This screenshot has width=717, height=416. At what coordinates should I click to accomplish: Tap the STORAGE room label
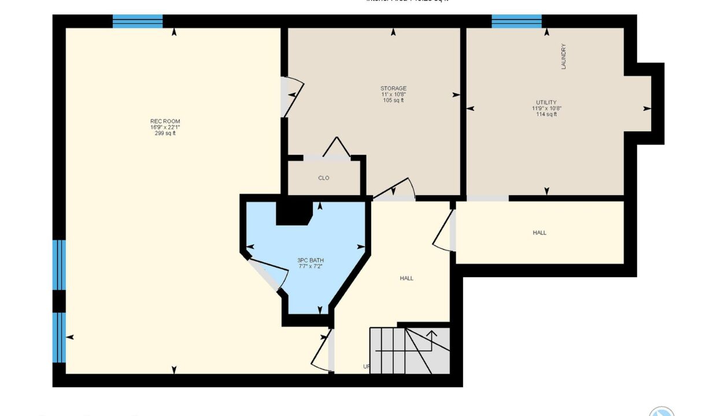click(x=393, y=88)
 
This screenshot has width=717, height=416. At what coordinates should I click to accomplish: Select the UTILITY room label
click(x=546, y=102)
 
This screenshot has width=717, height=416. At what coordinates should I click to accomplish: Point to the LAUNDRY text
click(x=564, y=57)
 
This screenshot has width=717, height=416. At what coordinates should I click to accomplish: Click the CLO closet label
click(x=324, y=178)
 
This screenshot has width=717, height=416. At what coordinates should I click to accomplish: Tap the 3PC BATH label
click(x=311, y=260)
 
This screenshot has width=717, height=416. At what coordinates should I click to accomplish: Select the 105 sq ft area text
click(x=393, y=101)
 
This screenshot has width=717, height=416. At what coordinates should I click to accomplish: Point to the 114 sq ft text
click(x=546, y=114)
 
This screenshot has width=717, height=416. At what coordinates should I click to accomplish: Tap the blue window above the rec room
click(x=138, y=21)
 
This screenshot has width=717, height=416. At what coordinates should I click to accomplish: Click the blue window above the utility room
click(x=516, y=21)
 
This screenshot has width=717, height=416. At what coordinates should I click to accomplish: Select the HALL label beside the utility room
click(x=539, y=233)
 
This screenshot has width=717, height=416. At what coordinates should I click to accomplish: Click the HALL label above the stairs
click(x=406, y=278)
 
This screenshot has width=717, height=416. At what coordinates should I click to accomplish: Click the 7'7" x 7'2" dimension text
click(x=311, y=266)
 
